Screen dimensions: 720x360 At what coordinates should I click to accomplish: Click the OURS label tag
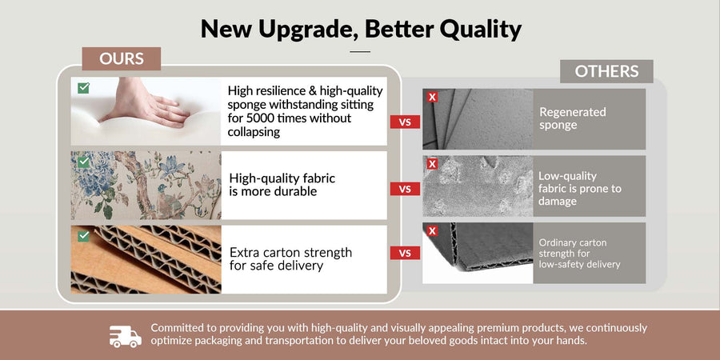click(x=122, y=58)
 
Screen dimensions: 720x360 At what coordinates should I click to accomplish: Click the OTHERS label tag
click(x=606, y=71)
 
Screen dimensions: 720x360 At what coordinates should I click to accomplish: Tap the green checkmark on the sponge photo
click(x=83, y=88)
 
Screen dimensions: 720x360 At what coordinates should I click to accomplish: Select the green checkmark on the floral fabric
click(x=83, y=162)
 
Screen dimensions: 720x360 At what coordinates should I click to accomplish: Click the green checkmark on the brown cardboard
click(x=83, y=236)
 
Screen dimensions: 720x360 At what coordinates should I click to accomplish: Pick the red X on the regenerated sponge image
click(x=432, y=97)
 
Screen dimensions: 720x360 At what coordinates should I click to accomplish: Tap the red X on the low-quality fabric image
click(x=432, y=163)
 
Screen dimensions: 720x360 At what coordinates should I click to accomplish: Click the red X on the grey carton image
click(x=432, y=230)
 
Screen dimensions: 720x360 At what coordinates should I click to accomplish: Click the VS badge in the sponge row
click(x=405, y=122)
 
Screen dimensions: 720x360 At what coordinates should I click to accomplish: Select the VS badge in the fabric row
click(x=405, y=189)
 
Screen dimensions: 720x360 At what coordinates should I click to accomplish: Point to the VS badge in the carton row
click(x=405, y=253)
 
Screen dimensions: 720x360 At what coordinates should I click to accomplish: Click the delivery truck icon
click(x=126, y=337)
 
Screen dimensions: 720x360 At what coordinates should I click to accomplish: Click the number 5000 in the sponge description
click(x=261, y=118)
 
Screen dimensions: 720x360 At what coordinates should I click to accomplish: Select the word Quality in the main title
click(x=480, y=30)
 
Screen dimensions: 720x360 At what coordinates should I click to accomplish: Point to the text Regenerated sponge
click(x=573, y=119)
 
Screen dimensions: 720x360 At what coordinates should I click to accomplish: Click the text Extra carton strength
click(x=290, y=253)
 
